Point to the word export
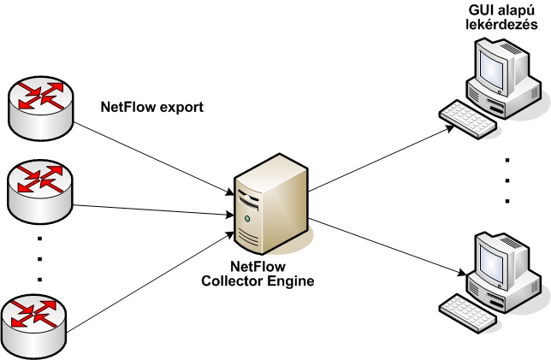point(185,109)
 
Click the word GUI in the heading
point(480,10)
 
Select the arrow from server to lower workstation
point(385,248)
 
